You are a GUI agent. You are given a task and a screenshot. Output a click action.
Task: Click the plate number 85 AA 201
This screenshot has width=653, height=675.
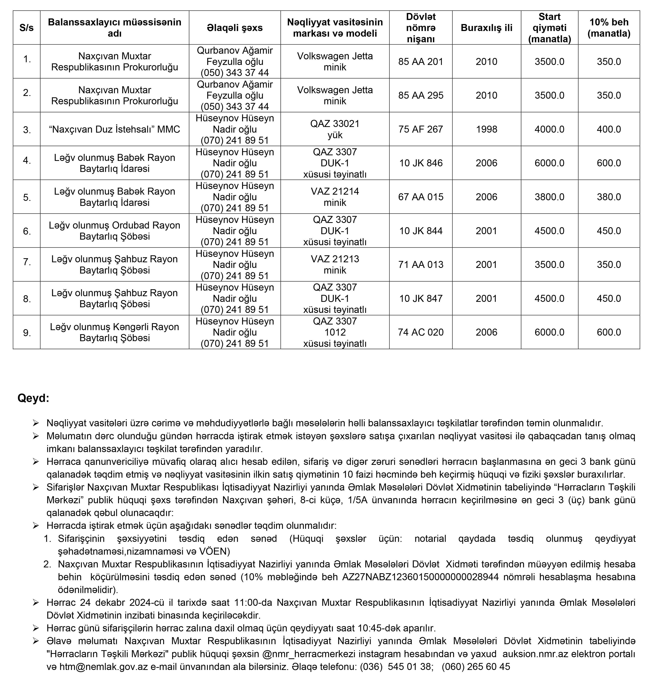(x=421, y=62)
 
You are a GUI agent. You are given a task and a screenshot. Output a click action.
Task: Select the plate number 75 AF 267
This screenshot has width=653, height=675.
(x=421, y=129)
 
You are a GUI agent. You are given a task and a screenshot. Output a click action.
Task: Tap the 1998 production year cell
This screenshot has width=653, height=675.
(x=486, y=129)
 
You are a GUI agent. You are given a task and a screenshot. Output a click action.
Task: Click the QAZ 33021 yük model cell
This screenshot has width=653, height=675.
(x=335, y=129)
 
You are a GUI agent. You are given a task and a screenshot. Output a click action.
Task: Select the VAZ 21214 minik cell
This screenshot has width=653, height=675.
(x=335, y=197)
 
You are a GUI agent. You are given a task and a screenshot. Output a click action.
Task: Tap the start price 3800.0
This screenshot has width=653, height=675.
(x=549, y=197)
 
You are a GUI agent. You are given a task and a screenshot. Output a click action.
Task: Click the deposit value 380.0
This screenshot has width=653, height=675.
(x=609, y=197)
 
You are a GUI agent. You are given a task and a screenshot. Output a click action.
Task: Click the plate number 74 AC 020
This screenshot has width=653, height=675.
(x=421, y=332)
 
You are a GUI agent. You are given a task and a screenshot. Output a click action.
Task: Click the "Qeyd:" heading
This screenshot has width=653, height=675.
(x=33, y=398)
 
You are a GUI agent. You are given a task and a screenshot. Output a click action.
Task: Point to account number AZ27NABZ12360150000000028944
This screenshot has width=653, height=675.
(x=420, y=577)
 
